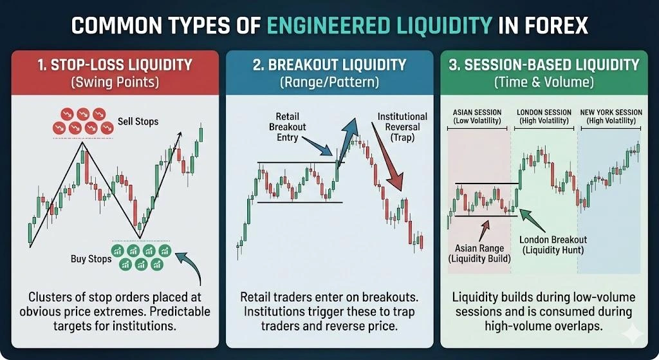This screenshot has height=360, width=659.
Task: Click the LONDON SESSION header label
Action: click(544, 116)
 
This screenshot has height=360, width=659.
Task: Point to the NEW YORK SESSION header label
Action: click(611, 116)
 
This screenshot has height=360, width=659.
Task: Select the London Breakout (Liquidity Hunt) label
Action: click(553, 245)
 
